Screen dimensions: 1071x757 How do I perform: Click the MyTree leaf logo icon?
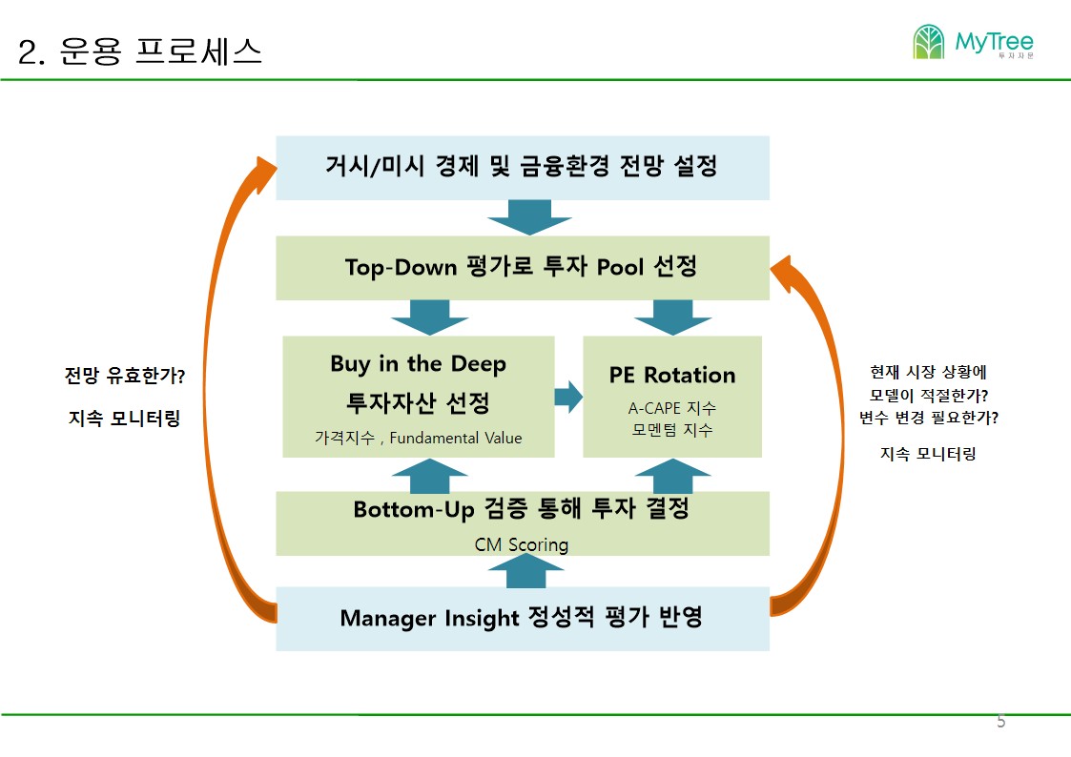click(928, 42)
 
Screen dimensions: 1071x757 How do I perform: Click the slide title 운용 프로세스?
click(160, 51)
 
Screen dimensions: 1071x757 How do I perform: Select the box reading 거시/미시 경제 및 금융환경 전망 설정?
click(523, 168)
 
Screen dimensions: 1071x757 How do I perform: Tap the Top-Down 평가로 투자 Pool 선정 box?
click(523, 268)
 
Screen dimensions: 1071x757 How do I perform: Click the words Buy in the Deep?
click(418, 364)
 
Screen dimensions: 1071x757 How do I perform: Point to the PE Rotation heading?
click(672, 375)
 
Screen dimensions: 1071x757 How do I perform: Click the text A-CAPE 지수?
click(672, 408)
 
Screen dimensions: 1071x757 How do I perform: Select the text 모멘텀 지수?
click(672, 429)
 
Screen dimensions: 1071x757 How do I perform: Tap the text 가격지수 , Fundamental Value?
click(418, 438)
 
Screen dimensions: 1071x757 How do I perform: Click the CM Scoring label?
click(522, 544)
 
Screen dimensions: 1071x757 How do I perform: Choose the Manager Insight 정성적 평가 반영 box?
click(523, 619)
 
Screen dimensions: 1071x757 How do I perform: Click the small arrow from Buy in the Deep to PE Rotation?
click(568, 397)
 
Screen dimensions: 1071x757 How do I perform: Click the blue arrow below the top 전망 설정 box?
click(529, 217)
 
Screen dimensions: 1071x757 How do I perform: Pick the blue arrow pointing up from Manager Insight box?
click(525, 570)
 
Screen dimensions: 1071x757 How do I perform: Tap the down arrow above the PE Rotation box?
click(672, 317)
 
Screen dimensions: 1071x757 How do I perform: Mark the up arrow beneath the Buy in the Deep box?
click(429, 476)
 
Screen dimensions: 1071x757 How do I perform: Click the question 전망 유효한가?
click(125, 376)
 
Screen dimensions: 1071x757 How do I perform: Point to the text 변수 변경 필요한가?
click(928, 417)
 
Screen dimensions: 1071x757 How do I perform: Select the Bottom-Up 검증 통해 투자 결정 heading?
click(521, 508)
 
